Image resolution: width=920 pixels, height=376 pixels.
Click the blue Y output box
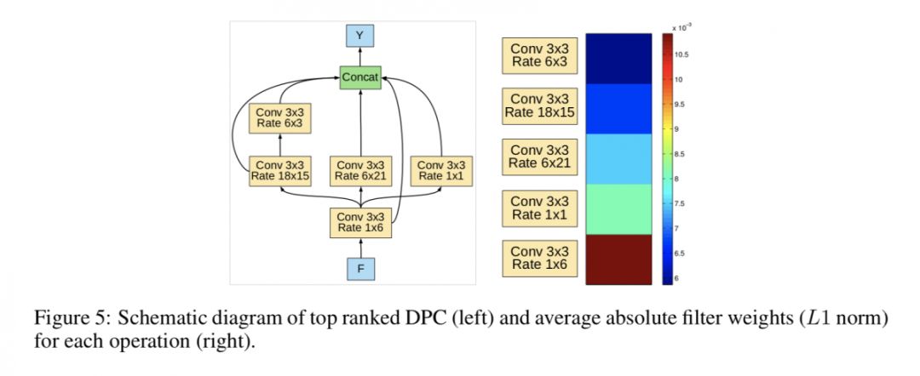click(359, 35)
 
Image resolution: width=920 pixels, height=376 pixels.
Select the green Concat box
click(359, 77)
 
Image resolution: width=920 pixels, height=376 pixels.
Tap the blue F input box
click(359, 269)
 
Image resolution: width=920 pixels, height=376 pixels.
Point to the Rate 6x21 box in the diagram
click(359, 170)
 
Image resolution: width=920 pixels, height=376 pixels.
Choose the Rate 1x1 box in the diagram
click(440, 170)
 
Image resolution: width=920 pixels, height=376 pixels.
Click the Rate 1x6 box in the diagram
click(359, 222)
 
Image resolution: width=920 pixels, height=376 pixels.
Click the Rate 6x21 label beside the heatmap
click(538, 157)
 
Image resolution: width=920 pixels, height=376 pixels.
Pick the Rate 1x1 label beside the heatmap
click(538, 208)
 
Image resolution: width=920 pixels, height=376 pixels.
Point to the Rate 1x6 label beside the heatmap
click(538, 259)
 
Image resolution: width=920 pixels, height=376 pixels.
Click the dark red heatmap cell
click(619, 259)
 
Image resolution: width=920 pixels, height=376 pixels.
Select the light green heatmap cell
click(619, 208)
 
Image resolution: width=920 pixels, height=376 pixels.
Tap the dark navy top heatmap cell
click(619, 58)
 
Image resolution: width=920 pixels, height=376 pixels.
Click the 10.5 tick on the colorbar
click(681, 54)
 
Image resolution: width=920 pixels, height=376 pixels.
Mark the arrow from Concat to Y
click(359, 56)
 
